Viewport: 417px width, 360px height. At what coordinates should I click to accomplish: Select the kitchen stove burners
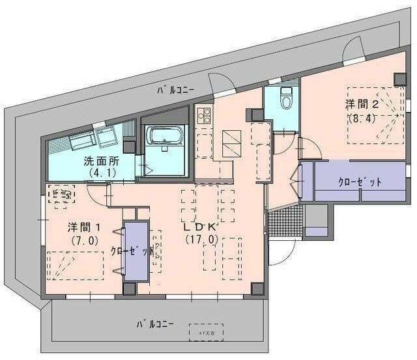pos(203,116)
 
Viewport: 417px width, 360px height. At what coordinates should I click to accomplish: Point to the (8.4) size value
pos(362,118)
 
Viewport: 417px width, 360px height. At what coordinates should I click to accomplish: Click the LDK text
pos(199,228)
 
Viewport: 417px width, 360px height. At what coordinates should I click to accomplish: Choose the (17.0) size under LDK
pos(199,240)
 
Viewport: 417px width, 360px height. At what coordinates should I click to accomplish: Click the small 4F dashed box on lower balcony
pos(205,333)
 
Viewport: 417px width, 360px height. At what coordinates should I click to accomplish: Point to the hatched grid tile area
pos(285,224)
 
